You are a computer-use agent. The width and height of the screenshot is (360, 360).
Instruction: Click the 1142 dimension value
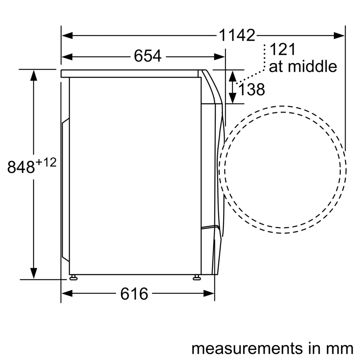point(237,35)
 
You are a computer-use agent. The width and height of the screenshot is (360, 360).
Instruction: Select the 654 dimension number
point(148,56)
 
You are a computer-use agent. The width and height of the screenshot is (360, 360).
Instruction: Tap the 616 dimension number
point(134,294)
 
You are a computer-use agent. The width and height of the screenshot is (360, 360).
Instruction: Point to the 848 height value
point(21,167)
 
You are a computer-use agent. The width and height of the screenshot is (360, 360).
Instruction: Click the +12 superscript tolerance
point(46,163)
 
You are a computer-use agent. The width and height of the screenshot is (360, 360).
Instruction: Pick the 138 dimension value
point(252,90)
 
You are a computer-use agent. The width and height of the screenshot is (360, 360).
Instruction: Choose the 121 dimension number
point(282,50)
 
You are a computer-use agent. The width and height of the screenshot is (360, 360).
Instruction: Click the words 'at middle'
point(303,67)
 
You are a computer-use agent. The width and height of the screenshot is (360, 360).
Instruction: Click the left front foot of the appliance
point(73,277)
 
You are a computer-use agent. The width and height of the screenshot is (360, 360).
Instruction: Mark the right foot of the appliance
point(197,277)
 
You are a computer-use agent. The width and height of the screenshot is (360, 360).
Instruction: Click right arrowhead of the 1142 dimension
point(339,35)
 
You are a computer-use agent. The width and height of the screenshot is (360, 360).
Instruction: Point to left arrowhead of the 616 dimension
point(67,294)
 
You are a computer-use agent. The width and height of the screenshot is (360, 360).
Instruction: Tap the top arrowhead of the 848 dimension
point(34,76)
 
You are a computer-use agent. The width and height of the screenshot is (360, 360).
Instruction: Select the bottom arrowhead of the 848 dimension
point(34,273)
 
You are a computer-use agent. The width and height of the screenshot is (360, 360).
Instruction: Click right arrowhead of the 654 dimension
point(220,57)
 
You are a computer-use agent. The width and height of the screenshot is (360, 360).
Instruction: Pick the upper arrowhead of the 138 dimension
point(233,76)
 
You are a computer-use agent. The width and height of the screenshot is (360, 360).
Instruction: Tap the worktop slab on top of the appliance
point(130,73)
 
